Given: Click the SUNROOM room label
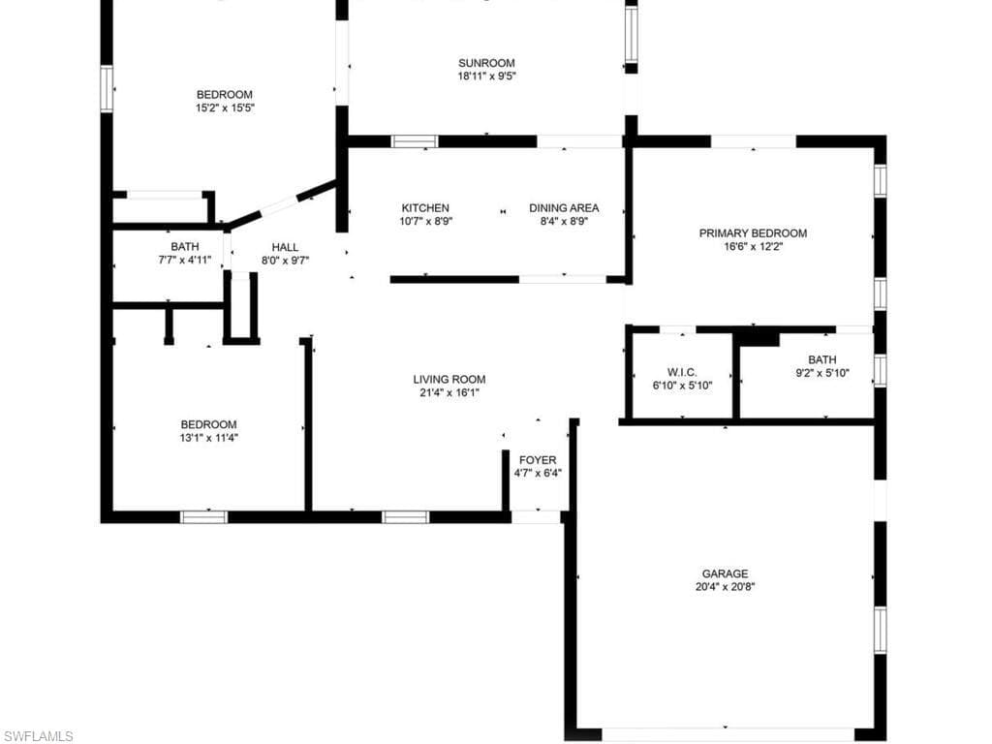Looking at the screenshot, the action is [486, 63].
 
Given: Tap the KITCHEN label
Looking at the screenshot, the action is [425, 207].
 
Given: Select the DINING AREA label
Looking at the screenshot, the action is [564, 207].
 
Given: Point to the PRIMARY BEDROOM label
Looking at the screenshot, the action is [753, 232].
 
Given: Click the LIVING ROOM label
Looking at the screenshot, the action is [449, 379].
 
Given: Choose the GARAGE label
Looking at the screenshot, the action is [725, 573].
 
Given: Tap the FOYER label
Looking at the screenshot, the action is [538, 460].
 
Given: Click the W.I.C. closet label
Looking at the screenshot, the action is [682, 372].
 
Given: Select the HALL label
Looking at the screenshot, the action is [285, 247].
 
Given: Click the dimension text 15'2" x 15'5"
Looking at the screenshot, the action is [225, 108].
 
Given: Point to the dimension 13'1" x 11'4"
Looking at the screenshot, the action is [209, 437].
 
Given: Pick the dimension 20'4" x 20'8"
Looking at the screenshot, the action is [725, 586].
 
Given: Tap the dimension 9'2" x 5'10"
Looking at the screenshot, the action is [822, 373].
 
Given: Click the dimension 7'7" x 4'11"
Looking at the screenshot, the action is [185, 260].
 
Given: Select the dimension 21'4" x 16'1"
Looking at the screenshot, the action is [449, 392].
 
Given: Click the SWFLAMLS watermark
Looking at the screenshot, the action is [37, 736].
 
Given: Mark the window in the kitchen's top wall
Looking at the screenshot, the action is [415, 141].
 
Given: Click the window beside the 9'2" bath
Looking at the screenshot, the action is [880, 370].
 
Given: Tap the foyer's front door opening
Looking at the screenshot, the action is [536, 517].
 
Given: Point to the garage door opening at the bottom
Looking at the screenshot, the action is [728, 734].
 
